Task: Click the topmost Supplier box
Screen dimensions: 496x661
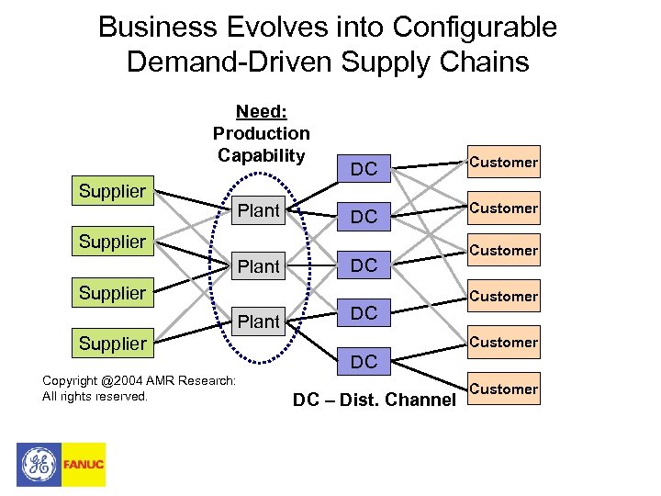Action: pos(112,191)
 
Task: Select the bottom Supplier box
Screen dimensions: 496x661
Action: pos(112,344)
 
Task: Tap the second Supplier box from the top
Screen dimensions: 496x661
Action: pos(112,242)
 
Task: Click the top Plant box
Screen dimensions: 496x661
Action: pos(258,211)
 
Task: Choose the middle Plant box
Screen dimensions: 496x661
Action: pos(258,266)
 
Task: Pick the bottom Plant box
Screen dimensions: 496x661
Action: pos(258,321)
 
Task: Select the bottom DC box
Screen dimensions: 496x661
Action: pos(364,362)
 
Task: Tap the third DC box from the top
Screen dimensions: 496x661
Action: pos(364,265)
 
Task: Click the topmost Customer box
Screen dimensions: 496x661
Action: pos(504,163)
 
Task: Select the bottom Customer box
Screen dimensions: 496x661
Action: pos(504,389)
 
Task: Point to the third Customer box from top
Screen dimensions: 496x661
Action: pos(504,250)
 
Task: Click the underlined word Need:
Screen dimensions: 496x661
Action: pos(261,112)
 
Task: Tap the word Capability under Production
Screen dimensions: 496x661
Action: pos(261,155)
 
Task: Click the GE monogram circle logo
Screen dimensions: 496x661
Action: pos(39,464)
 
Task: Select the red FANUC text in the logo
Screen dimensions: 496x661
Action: pos(84,465)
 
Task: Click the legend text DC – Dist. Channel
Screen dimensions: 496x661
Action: pos(374,400)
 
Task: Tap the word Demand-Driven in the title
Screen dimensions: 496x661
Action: pos(227,62)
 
